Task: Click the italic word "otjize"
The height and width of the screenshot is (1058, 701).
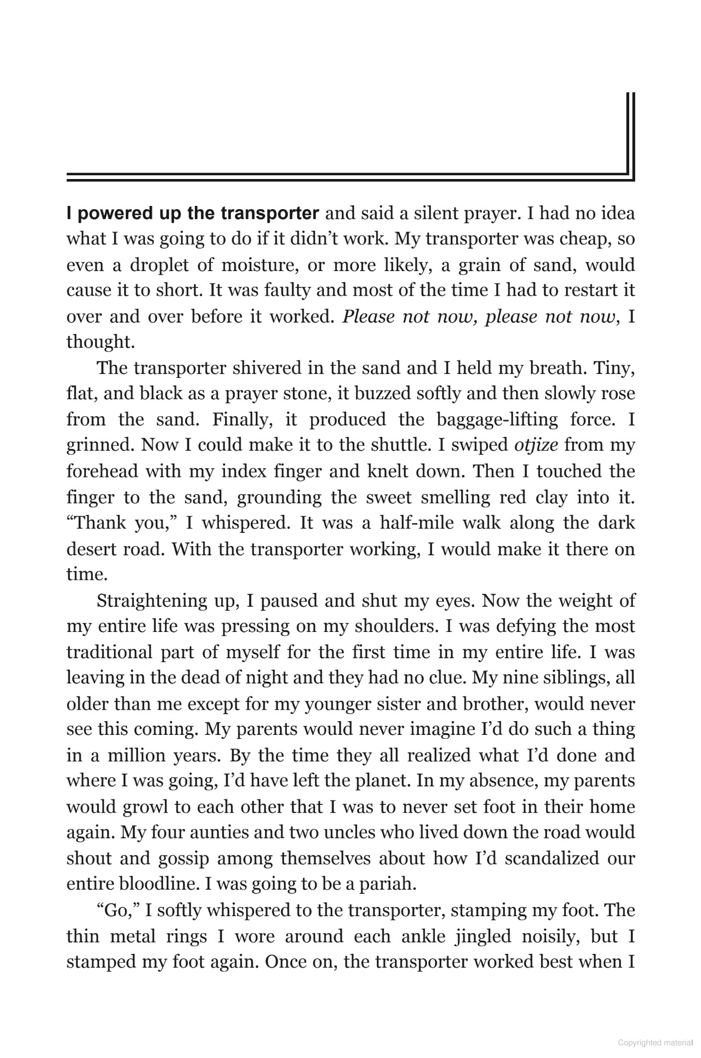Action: pyautogui.click(x=536, y=445)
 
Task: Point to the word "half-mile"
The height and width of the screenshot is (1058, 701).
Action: pyautogui.click(x=410, y=523)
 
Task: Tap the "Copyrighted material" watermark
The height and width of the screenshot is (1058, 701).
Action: pyautogui.click(x=654, y=1044)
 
